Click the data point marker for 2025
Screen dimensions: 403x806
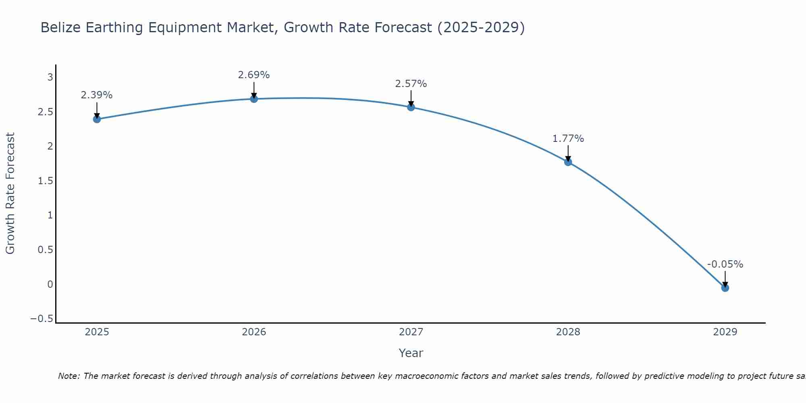pyautogui.click(x=97, y=119)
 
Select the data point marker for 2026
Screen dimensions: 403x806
pyautogui.click(x=254, y=99)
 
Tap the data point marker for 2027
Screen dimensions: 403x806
pyautogui.click(x=411, y=107)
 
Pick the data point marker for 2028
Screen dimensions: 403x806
pyautogui.click(x=568, y=162)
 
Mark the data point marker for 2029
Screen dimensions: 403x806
pyautogui.click(x=725, y=288)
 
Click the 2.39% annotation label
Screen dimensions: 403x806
pyautogui.click(x=97, y=95)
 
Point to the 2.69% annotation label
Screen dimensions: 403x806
pyautogui.click(x=254, y=75)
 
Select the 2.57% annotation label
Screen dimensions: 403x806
pyautogui.click(x=411, y=84)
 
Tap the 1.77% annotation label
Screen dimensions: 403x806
pyautogui.click(x=568, y=139)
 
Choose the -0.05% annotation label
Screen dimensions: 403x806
pyautogui.click(x=725, y=264)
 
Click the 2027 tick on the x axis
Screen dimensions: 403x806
pyautogui.click(x=411, y=332)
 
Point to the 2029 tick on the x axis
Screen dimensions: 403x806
pyautogui.click(x=725, y=332)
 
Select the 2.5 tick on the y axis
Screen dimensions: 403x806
pyautogui.click(x=45, y=112)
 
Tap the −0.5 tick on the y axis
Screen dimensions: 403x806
pyautogui.click(x=42, y=319)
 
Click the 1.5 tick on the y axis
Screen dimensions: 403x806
pyautogui.click(x=45, y=181)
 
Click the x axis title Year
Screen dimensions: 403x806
pyautogui.click(x=411, y=353)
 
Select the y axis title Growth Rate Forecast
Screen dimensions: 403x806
pyautogui.click(x=10, y=193)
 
